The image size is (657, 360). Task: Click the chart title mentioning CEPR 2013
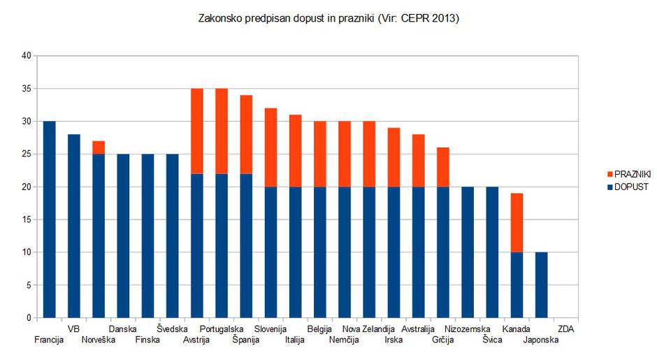(329, 19)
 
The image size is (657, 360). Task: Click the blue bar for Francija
(49, 219)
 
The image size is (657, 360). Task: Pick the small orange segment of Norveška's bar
(99, 147)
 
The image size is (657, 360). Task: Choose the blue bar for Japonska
(541, 285)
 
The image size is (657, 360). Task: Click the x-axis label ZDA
(566, 329)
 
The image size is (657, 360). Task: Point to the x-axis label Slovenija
(270, 329)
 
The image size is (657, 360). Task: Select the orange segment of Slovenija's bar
(270, 147)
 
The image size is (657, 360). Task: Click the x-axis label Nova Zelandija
(369, 329)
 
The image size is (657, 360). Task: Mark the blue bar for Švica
(492, 252)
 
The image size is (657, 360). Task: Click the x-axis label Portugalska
(222, 329)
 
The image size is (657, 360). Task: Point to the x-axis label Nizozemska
(468, 329)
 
